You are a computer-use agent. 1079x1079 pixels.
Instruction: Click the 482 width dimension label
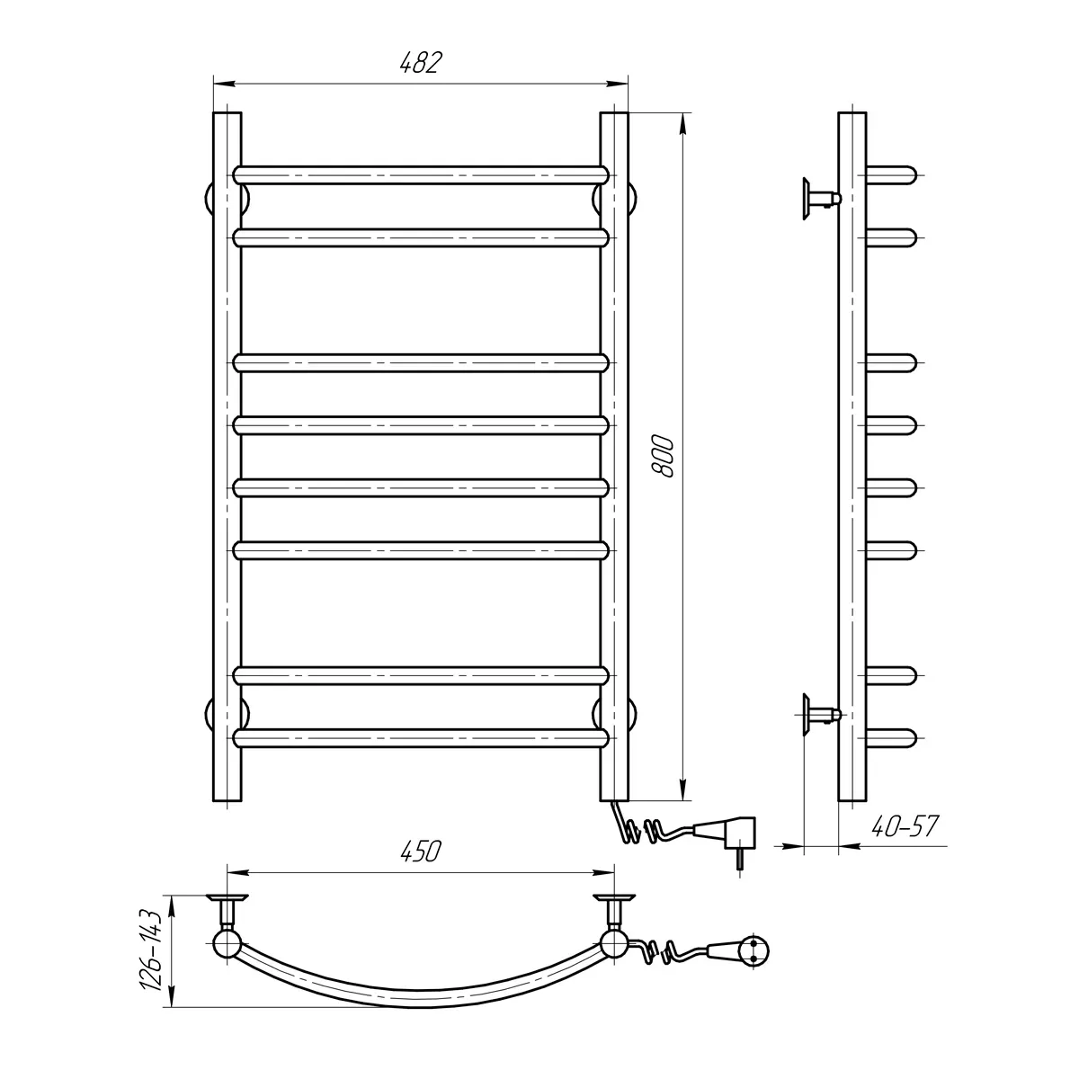click(x=421, y=63)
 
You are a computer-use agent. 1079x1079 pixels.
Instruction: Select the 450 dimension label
click(x=421, y=852)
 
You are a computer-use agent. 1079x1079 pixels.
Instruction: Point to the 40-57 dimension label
click(x=905, y=826)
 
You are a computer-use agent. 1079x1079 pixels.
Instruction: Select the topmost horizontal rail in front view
click(x=421, y=174)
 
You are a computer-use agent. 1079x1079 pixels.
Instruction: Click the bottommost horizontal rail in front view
click(x=421, y=738)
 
